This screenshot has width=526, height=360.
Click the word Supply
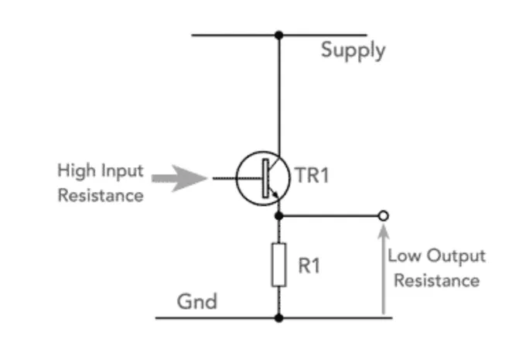[x=354, y=51]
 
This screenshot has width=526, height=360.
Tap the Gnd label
[x=197, y=301]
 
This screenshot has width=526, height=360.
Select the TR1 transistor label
[x=312, y=175]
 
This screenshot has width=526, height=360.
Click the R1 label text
[x=309, y=266]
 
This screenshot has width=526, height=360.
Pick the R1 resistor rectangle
[x=278, y=265]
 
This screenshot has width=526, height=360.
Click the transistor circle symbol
[x=237, y=178]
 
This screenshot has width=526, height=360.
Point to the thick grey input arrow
[x=179, y=178]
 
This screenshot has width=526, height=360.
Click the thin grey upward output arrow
[x=384, y=269]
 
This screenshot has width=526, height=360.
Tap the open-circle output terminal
[x=384, y=216]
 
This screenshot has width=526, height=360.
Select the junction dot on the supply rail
[x=278, y=35]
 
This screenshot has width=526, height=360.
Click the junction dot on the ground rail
[x=278, y=317]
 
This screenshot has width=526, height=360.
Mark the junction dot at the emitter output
[x=278, y=216]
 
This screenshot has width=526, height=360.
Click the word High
[x=77, y=171]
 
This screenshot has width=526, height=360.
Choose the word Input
[x=122, y=171]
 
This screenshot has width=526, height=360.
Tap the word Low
[x=405, y=255]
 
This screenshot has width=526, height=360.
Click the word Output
[x=456, y=256]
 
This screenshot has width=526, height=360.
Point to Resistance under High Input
[x=101, y=195]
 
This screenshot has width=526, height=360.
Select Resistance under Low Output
[x=437, y=281]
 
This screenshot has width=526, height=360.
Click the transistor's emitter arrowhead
[x=275, y=194]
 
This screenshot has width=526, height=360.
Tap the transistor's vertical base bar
[x=265, y=178]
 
